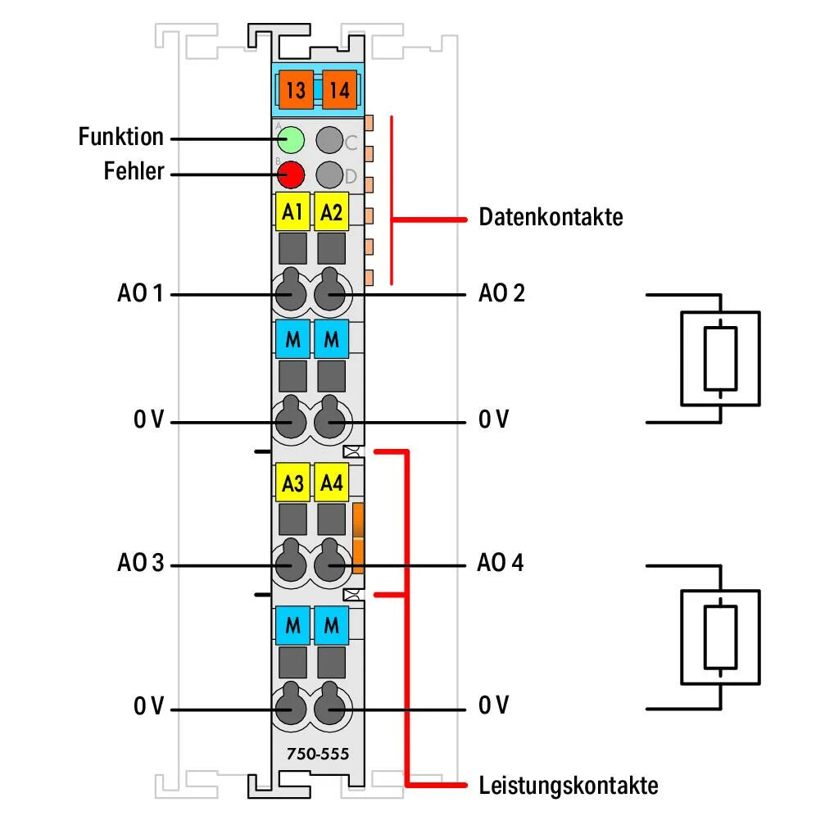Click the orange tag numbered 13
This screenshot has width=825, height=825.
[x=296, y=89]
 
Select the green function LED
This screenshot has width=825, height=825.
[x=291, y=140]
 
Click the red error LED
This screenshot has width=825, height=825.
[x=291, y=175]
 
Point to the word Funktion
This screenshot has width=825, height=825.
[x=121, y=137]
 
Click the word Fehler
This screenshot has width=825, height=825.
[x=134, y=172]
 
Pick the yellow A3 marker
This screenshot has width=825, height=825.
[x=292, y=483]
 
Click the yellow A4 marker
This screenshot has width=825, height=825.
[x=332, y=483]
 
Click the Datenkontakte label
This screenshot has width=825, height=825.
[x=551, y=218]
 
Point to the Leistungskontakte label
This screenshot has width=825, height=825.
[x=568, y=786]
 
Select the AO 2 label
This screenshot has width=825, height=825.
[x=501, y=292]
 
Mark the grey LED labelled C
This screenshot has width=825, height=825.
[x=329, y=140]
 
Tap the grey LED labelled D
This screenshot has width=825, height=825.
[x=329, y=175]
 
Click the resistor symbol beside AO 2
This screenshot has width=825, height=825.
[x=720, y=357]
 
